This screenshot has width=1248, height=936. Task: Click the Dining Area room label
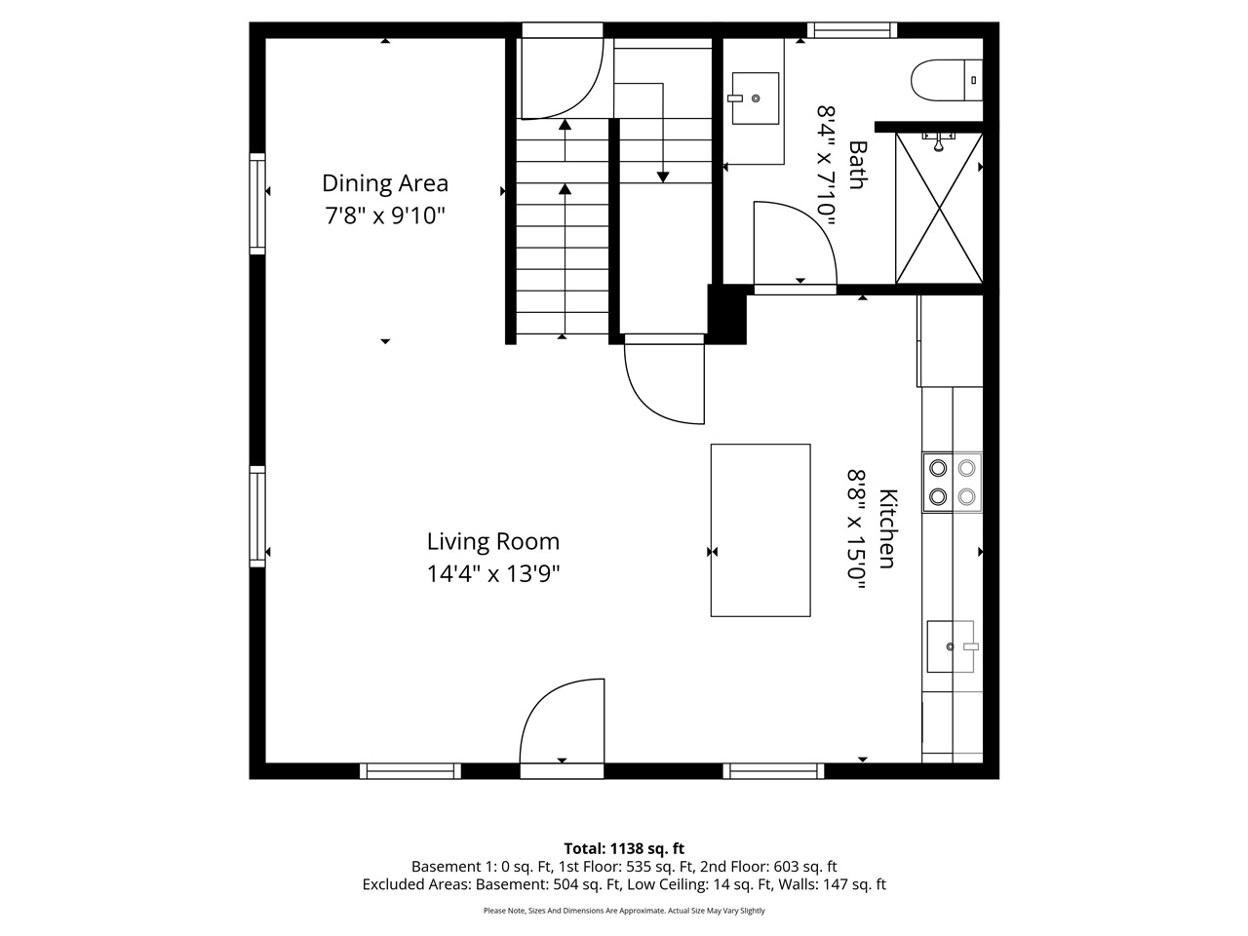point(385,183)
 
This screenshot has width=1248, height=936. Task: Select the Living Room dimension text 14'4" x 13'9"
point(492,573)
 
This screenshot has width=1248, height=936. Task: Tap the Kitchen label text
point(888,527)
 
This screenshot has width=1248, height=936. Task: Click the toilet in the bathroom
point(946,80)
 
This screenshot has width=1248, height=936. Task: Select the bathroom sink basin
point(755,98)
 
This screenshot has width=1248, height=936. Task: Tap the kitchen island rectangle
point(760,529)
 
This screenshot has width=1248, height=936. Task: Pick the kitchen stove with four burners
point(952,482)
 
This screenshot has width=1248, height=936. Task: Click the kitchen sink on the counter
point(952,646)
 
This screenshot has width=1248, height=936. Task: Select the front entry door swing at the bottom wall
point(563,726)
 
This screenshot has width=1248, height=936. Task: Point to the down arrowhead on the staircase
point(663,176)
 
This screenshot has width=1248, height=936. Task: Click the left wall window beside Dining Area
point(257,204)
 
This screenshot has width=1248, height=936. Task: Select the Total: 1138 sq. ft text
point(624,848)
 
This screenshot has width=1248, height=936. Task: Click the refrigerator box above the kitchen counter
point(951,341)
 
